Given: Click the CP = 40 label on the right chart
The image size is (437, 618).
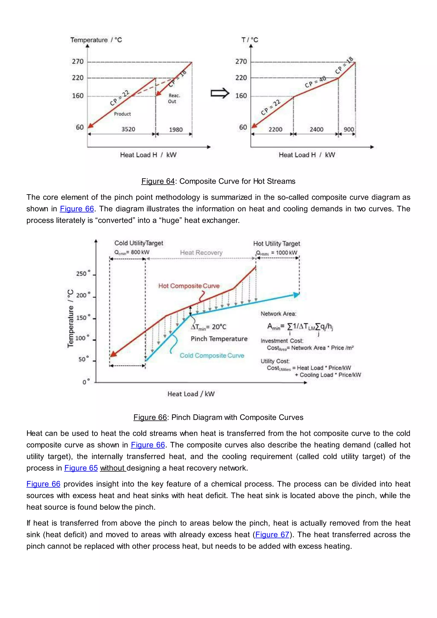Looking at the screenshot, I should tap(315, 82).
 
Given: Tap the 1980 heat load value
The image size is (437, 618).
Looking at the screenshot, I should tap(176, 130).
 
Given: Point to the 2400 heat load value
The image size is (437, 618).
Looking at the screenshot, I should tap(316, 130).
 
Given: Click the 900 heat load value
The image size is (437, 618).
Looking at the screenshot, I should tap(348, 130).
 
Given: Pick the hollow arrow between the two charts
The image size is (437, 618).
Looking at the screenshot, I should tap(220, 93).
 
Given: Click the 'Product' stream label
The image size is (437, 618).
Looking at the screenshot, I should tap(122, 114).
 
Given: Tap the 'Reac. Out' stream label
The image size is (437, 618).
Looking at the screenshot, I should tap(173, 99).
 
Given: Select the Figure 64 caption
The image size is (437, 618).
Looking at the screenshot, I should tap(218, 181).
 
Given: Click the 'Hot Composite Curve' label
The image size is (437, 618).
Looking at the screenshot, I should tap(189, 286).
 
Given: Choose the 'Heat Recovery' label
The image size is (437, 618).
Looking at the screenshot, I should tap(201, 252).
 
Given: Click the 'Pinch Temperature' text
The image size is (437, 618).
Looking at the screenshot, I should tap(219, 339).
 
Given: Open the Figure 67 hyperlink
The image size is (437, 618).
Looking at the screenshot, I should tap(272, 534).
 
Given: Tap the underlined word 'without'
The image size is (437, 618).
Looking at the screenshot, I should tap(112, 468).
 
